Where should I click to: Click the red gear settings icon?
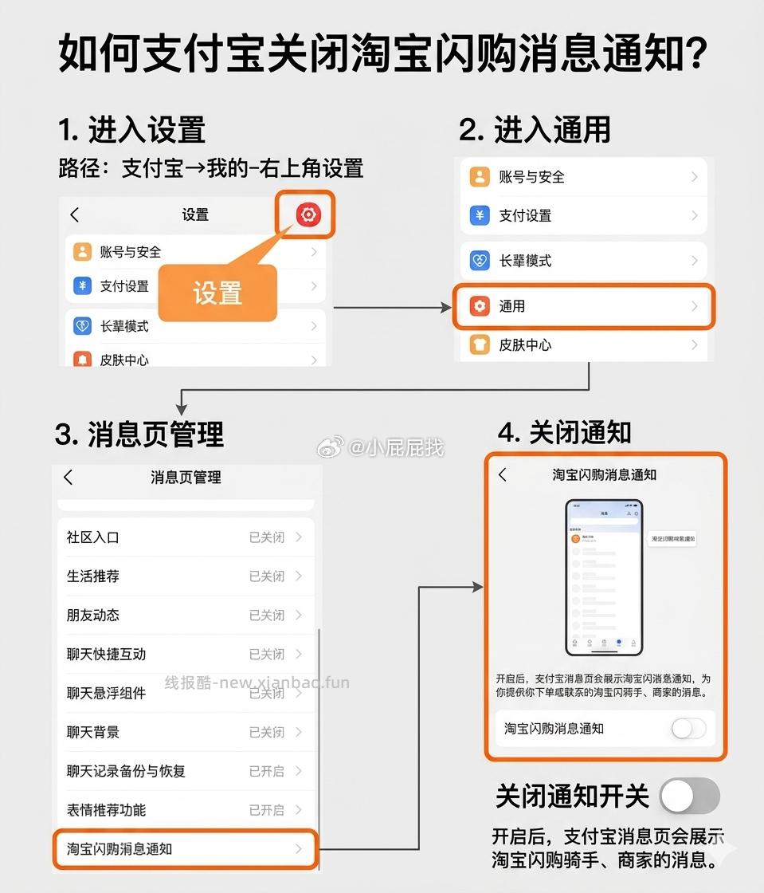point(307,214)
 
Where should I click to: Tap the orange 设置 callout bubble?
point(217,292)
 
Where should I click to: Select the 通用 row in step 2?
point(584,306)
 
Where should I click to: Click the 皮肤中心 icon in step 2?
point(480,345)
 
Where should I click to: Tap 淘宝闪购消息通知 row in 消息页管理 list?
point(185,849)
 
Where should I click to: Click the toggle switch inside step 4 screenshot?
point(688,728)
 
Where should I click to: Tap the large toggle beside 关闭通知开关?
point(690,796)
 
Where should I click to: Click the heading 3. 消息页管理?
point(139,435)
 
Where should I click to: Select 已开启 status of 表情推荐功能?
point(266,810)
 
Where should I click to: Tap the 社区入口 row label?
point(92,537)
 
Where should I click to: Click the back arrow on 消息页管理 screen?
point(69,477)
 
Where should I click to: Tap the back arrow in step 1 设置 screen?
point(75,214)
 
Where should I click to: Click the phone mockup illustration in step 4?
point(604,576)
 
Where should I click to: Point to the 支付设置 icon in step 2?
point(480,215)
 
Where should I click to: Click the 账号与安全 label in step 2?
point(531,177)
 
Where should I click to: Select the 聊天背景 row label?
point(92,732)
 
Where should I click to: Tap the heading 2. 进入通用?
point(535,129)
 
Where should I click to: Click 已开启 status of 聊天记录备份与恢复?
point(266,771)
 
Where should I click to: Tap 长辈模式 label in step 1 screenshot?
point(124,326)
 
